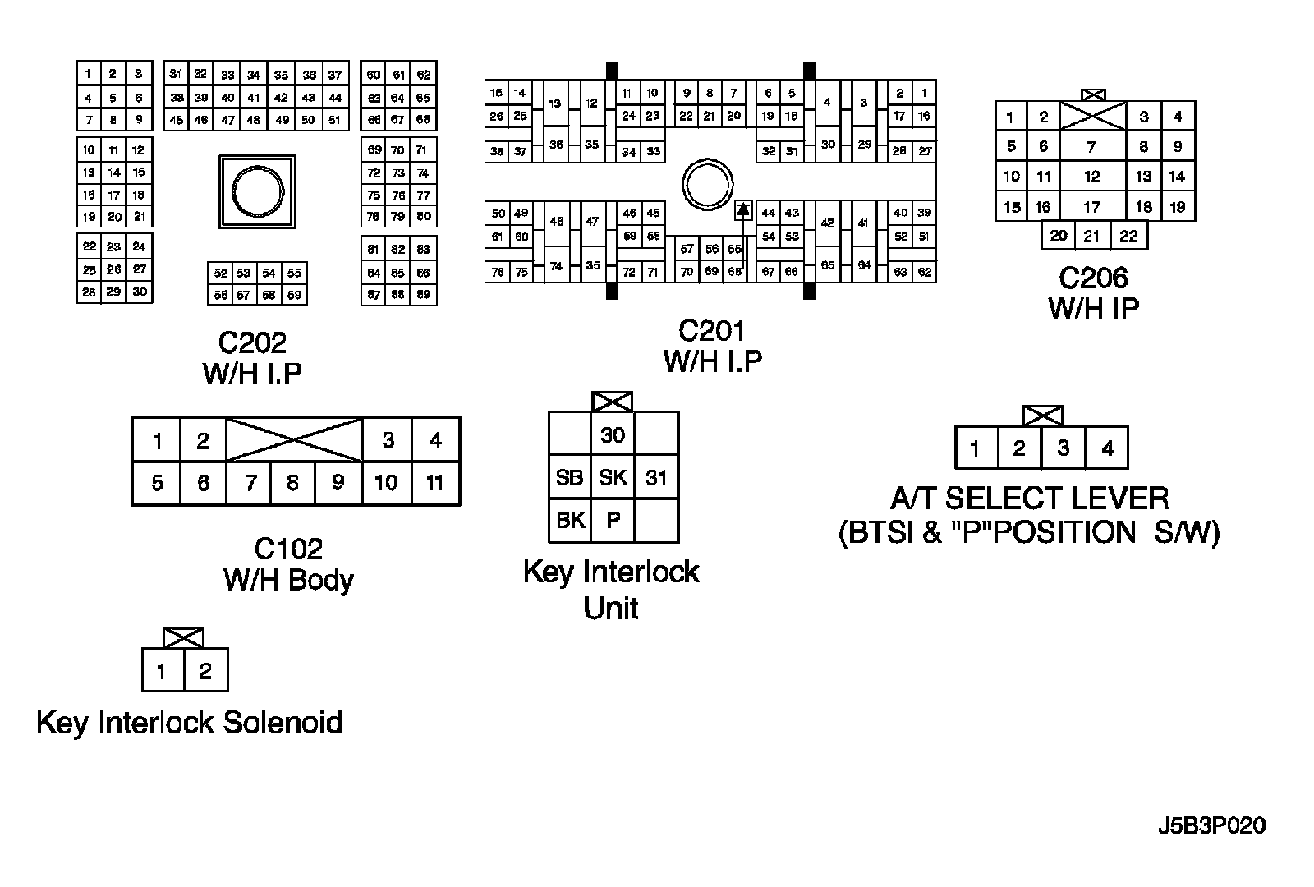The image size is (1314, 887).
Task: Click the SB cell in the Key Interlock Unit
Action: [x=569, y=478]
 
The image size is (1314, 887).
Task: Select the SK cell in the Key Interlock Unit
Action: [x=613, y=478]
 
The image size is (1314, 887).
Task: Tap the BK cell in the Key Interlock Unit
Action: [x=569, y=521]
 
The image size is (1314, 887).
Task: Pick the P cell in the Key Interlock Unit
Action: [x=613, y=521]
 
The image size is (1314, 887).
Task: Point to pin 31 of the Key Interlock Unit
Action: [x=656, y=478]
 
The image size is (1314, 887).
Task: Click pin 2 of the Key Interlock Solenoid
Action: [x=205, y=671]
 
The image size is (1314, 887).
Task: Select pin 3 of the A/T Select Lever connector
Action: [x=1064, y=448]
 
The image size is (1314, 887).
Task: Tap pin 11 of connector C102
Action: [x=435, y=482]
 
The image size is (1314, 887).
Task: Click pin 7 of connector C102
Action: [x=251, y=482]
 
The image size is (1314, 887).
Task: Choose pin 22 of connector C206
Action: [x=1128, y=237]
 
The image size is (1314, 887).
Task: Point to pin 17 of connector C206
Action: [x=1091, y=207]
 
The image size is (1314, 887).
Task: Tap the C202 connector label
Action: [x=252, y=342]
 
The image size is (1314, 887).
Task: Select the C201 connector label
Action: [x=712, y=330]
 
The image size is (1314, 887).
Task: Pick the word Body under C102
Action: [x=321, y=580]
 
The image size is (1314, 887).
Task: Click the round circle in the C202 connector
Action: [x=257, y=191]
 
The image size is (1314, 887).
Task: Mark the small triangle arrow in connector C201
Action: [x=743, y=210]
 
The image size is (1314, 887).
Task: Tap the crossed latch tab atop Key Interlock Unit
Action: [x=613, y=402]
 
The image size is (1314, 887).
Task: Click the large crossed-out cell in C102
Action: [x=294, y=440]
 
